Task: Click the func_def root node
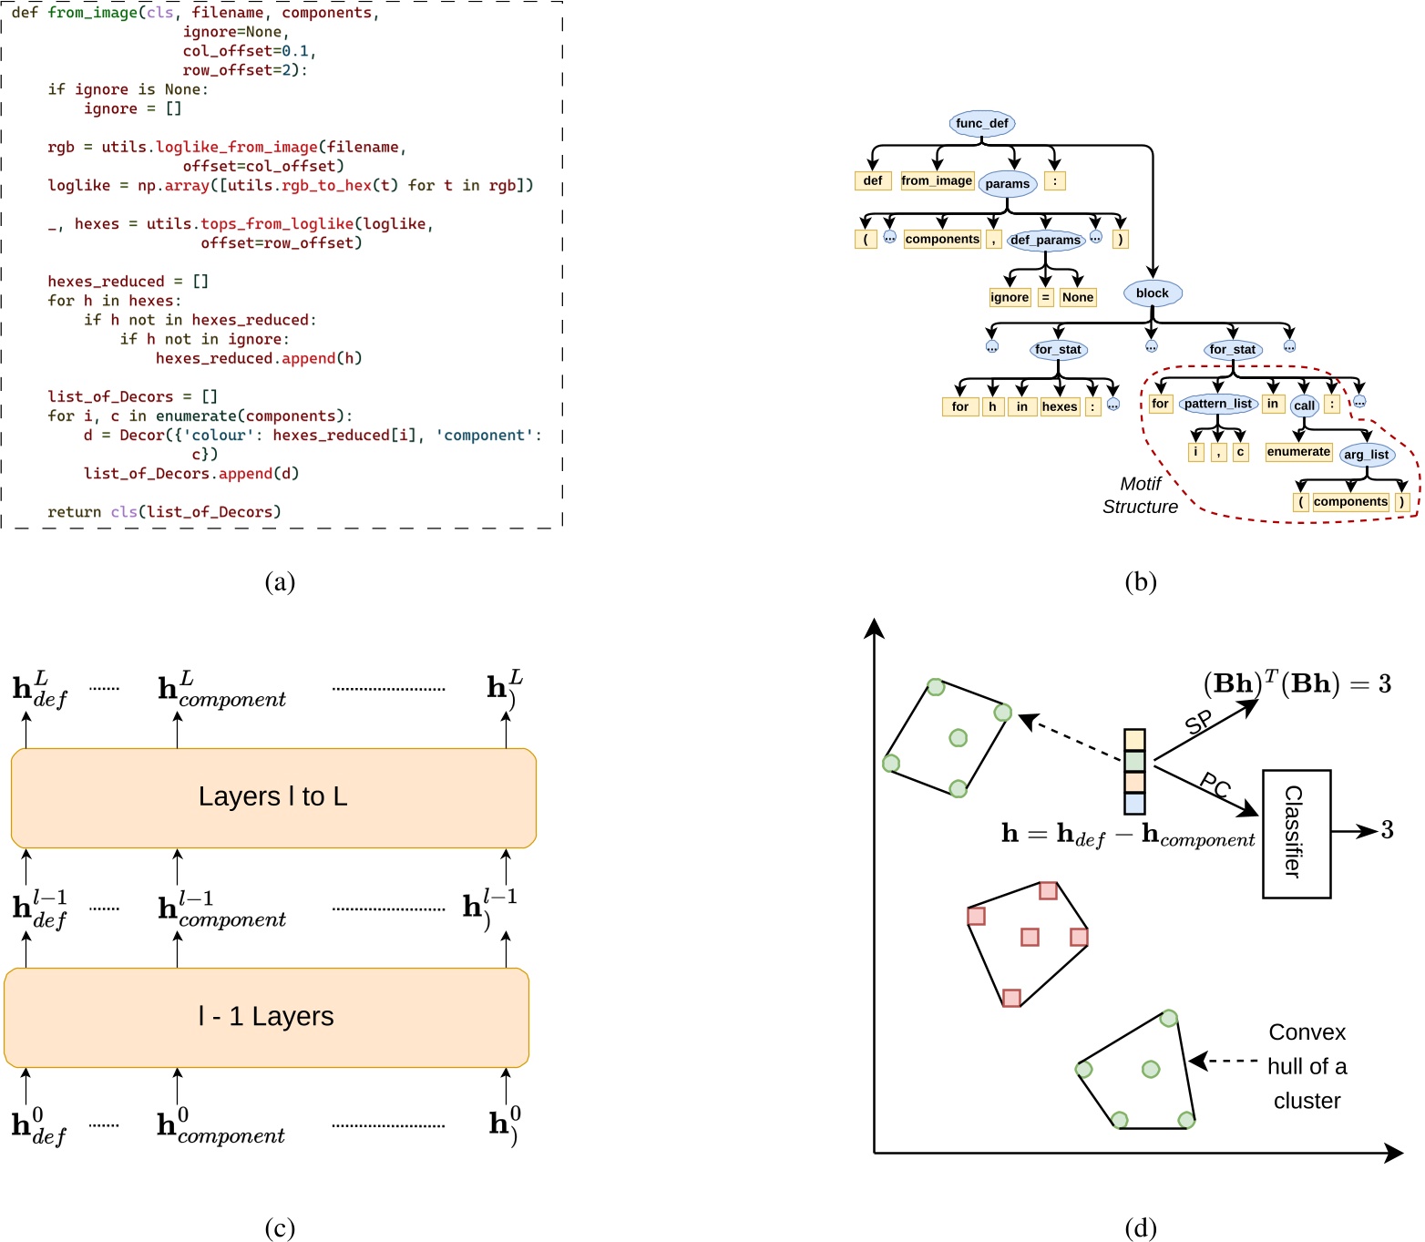(981, 123)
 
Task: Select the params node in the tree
(1007, 184)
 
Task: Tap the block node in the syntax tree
(1152, 293)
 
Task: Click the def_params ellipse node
(1045, 240)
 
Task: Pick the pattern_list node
(1217, 404)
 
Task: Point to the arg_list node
(1366, 455)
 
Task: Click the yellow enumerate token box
(1298, 452)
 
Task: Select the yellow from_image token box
(937, 180)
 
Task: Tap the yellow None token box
(1077, 297)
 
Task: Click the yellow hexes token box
(1060, 406)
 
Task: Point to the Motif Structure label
(1140, 496)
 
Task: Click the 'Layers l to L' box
(273, 797)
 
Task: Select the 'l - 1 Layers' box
(266, 1017)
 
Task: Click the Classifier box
(1296, 833)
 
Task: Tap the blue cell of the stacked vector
(1134, 803)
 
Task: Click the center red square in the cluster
(1030, 937)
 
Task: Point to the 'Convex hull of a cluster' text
(1307, 1066)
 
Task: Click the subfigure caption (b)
(1140, 581)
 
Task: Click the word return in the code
(75, 512)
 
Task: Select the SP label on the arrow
(1198, 723)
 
